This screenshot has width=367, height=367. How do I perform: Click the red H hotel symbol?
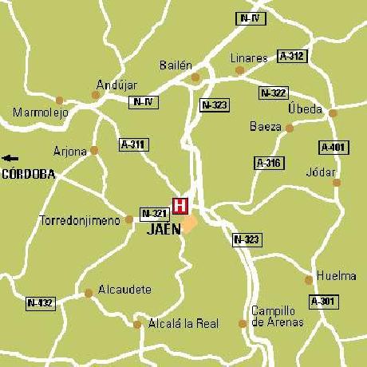(180, 205)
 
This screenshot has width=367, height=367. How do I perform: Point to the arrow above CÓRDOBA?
(10, 158)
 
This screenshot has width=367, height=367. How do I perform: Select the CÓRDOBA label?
(29, 173)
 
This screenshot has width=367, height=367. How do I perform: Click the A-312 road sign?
(292, 56)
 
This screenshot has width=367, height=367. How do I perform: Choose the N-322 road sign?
(274, 93)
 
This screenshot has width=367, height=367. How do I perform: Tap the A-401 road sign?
(333, 147)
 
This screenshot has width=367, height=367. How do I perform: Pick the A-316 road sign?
(269, 163)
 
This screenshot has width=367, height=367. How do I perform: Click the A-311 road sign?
(133, 144)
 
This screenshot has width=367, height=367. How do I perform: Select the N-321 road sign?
(154, 213)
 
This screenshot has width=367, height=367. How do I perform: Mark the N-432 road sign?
(40, 303)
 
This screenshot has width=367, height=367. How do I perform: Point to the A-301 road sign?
(323, 301)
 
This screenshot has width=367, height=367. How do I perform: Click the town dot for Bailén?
(195, 77)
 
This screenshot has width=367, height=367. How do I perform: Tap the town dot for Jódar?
(337, 183)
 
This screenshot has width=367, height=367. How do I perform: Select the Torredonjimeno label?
(81, 219)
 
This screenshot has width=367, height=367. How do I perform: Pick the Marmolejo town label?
(41, 112)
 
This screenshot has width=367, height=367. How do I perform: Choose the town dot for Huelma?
(309, 279)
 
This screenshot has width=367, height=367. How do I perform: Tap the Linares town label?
(249, 58)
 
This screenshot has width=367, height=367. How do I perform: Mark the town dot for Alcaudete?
(89, 293)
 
